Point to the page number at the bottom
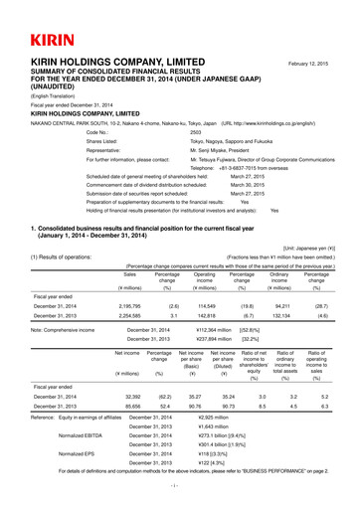tap(180, 490)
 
